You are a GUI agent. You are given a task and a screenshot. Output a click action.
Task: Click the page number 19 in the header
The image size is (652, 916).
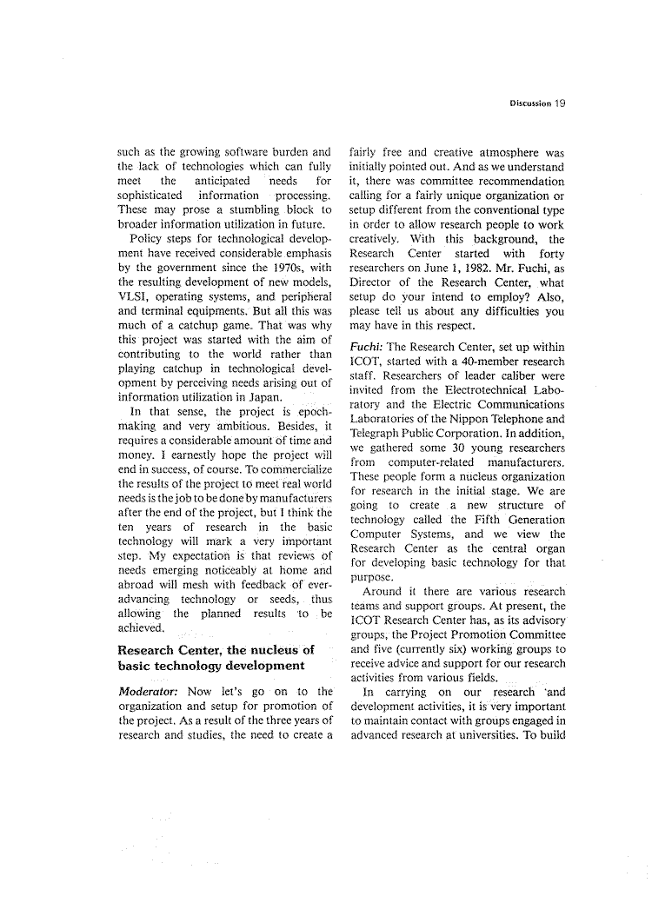559,103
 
